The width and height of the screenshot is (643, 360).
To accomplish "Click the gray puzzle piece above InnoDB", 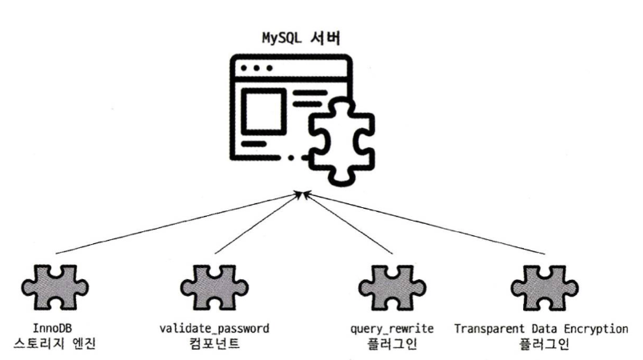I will coord(54,286).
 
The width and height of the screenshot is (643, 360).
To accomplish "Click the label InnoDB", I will coord(54,329).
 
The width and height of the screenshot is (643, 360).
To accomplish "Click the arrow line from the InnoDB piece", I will coord(176,223).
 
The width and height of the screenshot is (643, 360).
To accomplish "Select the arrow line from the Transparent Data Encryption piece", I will coord(424,223).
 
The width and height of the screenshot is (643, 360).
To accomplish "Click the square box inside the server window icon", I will coord(263,108).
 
